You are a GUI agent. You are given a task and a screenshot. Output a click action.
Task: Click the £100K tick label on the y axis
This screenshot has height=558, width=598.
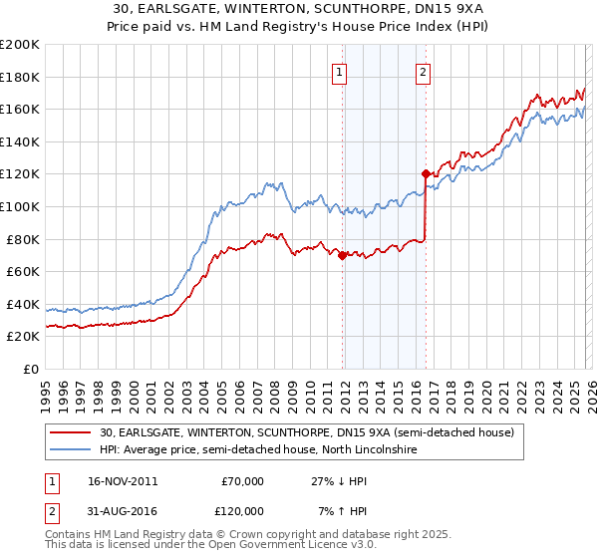[x=20, y=206]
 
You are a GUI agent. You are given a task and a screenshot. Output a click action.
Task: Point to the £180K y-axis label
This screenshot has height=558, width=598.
[x=20, y=77]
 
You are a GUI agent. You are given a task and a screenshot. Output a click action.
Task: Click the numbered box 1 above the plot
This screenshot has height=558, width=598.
[x=340, y=72]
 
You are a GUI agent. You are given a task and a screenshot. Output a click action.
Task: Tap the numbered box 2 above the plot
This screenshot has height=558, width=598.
[x=424, y=72]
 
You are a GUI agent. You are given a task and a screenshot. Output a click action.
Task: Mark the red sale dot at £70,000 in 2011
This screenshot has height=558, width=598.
[x=342, y=255]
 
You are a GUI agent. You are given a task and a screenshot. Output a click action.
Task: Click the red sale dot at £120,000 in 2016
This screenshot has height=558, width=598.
[x=426, y=173]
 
